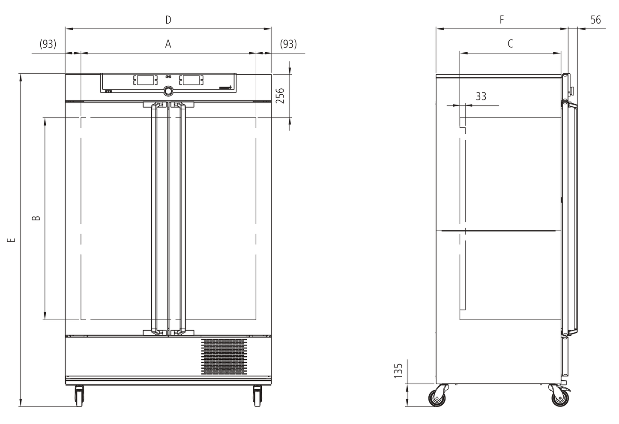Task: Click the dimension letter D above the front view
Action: (168, 20)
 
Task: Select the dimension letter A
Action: (168, 44)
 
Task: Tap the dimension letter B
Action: (36, 218)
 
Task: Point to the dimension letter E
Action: (11, 240)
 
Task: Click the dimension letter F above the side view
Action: (502, 20)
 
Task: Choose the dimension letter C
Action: (510, 44)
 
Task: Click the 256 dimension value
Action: (280, 96)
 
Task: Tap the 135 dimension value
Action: (398, 371)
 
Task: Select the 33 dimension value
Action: (481, 96)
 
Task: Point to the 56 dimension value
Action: (596, 20)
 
